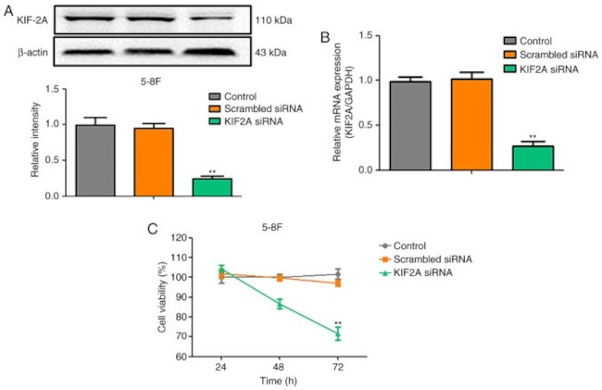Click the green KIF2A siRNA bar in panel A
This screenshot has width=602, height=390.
pos(212,186)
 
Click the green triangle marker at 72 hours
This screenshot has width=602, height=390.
pos(338,333)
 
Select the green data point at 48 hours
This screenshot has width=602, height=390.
pos(280,303)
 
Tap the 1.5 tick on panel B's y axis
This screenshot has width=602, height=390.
pos(363,35)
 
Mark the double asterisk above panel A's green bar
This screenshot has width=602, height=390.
pos(212,171)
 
